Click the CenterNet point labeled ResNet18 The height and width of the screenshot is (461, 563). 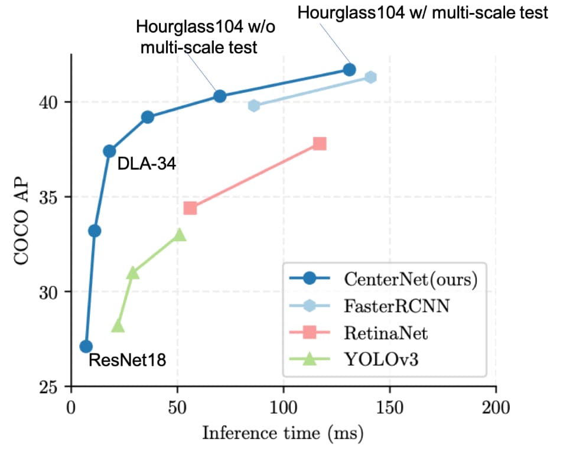point(86,346)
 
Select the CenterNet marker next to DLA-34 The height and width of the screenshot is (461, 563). point(109,151)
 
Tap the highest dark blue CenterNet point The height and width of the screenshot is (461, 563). point(349,70)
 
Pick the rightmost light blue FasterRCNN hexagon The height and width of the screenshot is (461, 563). point(370,77)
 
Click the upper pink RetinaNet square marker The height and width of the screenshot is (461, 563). point(320,144)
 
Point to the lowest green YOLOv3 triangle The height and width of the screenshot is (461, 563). point(118,326)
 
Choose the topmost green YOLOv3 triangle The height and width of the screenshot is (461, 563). point(180,235)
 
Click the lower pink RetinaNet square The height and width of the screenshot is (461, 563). point(190,208)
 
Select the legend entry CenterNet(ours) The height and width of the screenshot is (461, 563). point(409,280)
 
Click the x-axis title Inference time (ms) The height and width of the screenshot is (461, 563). point(282,433)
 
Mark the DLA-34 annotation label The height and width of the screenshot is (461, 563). point(147,164)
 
